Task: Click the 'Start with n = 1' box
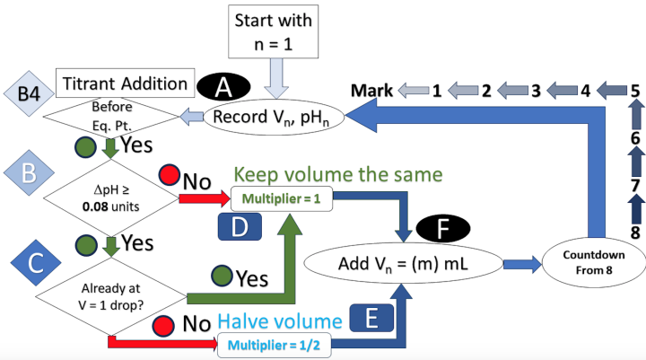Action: [x=275, y=31]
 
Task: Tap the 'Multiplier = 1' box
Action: [x=282, y=196]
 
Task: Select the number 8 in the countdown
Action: [x=633, y=232]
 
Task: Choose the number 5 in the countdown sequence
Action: [x=633, y=90]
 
